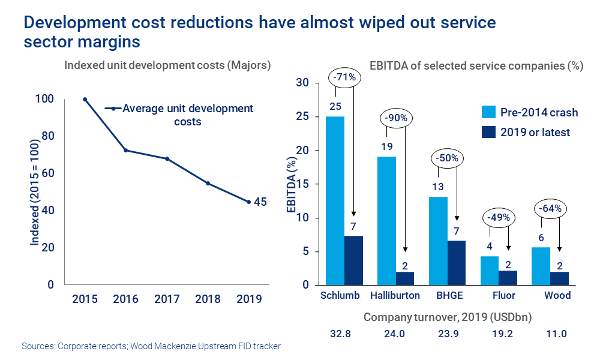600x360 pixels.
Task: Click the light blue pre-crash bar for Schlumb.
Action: (335, 200)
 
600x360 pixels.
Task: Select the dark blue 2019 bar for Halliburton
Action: (405, 278)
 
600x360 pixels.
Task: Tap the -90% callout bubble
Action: (396, 118)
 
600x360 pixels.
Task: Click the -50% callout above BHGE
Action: (447, 159)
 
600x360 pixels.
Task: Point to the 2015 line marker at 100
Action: (85, 100)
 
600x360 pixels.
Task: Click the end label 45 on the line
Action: (260, 202)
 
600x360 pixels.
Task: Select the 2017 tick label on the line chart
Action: (167, 299)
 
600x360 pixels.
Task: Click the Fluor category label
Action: (503, 295)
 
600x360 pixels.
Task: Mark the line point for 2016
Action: (125, 150)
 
